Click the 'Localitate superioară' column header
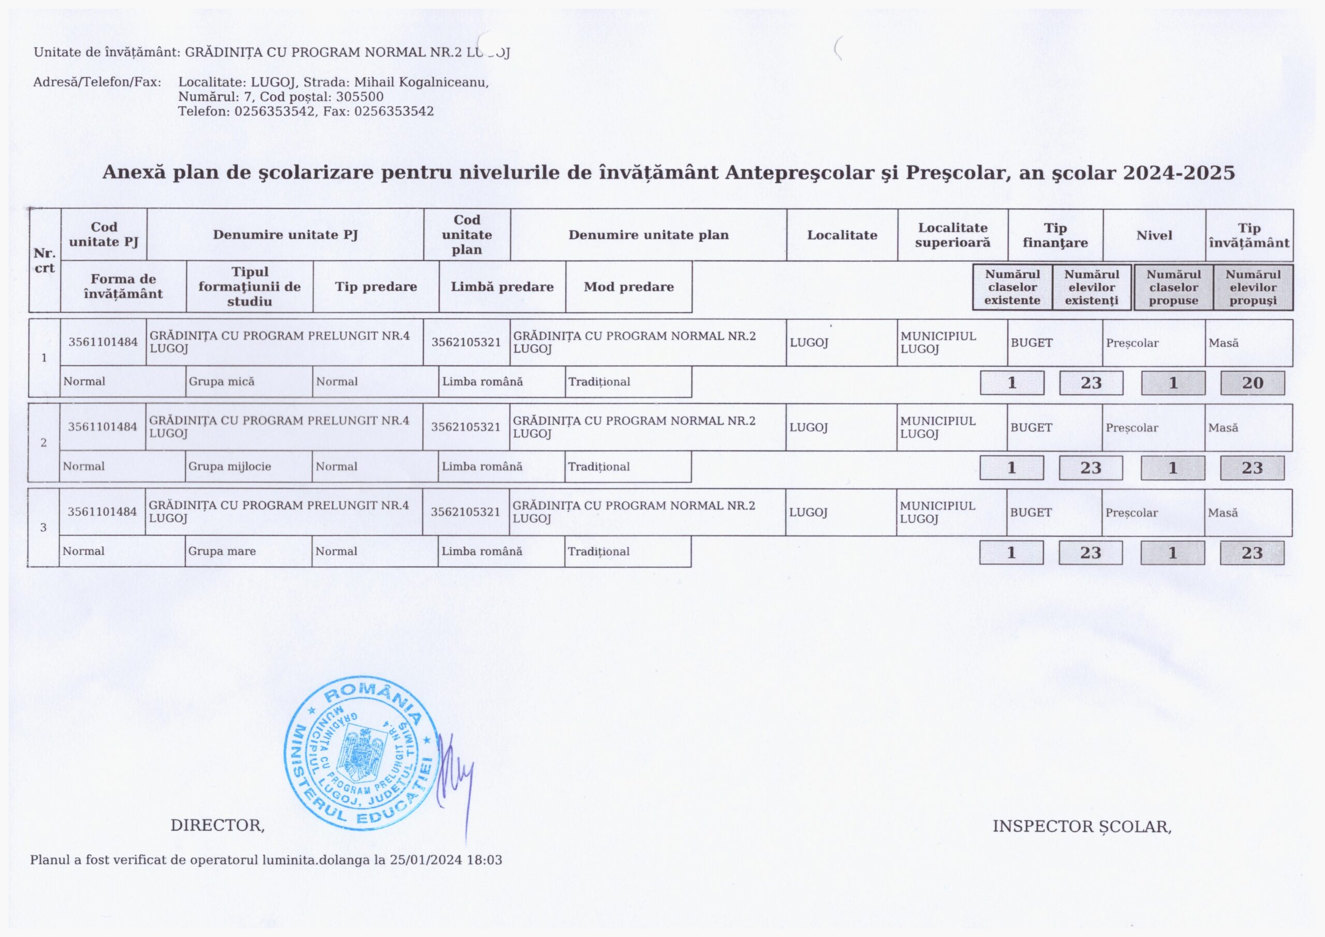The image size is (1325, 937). pyautogui.click(x=952, y=235)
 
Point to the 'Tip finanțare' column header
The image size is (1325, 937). pyautogui.click(x=1055, y=235)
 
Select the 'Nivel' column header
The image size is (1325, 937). pyautogui.click(x=1154, y=235)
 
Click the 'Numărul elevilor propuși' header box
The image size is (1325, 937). pyautogui.click(x=1253, y=287)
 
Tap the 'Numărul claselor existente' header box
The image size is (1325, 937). pyautogui.click(x=1012, y=287)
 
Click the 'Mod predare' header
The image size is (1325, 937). pyautogui.click(x=628, y=287)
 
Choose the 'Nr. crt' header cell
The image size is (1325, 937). pyautogui.click(x=45, y=260)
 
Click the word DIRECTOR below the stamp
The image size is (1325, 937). pyautogui.click(x=217, y=826)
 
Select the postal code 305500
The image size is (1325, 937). pyautogui.click(x=360, y=97)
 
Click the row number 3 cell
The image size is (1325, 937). pyautogui.click(x=43, y=527)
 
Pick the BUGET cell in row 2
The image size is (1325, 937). pyautogui.click(x=1030, y=427)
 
